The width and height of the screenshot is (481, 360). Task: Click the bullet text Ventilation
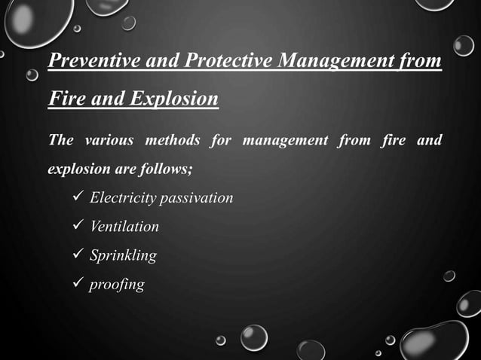[124, 227]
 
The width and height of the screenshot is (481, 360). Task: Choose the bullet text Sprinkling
[123, 256]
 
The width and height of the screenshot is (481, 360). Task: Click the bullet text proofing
[117, 285]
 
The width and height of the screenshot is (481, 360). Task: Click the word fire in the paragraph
[394, 140]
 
